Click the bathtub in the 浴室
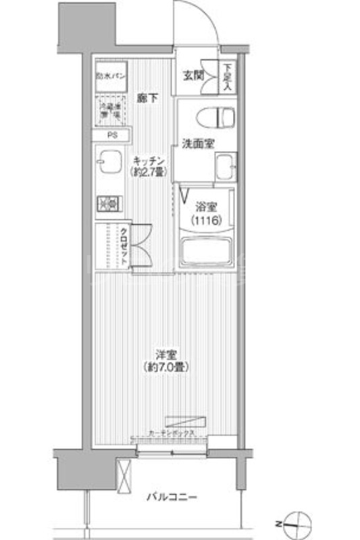[x=206, y=252]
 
